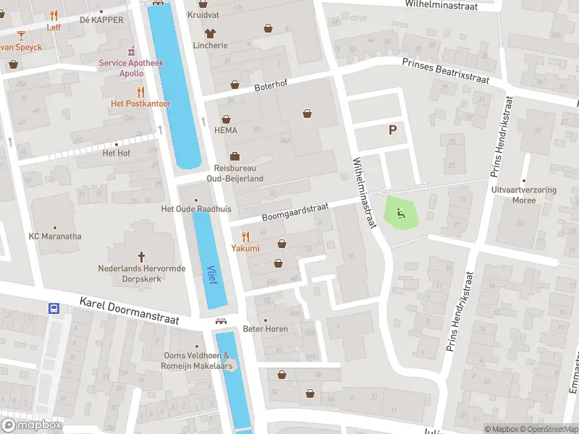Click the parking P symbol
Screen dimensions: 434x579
(x=393, y=130)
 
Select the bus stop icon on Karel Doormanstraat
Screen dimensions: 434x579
(x=54, y=308)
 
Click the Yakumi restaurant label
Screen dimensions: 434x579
(x=245, y=248)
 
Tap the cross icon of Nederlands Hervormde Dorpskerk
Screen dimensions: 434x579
(x=142, y=256)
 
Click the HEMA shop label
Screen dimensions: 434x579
(x=226, y=130)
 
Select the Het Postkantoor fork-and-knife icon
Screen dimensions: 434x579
(x=140, y=92)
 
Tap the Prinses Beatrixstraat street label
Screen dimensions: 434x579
(x=446, y=71)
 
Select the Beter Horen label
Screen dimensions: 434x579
(x=266, y=329)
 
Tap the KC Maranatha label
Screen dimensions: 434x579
(x=55, y=237)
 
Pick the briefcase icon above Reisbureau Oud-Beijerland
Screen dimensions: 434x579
(x=234, y=156)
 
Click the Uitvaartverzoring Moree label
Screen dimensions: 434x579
(x=524, y=195)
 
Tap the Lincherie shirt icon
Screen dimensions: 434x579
(x=210, y=33)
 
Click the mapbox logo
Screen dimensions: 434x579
(x=32, y=425)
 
